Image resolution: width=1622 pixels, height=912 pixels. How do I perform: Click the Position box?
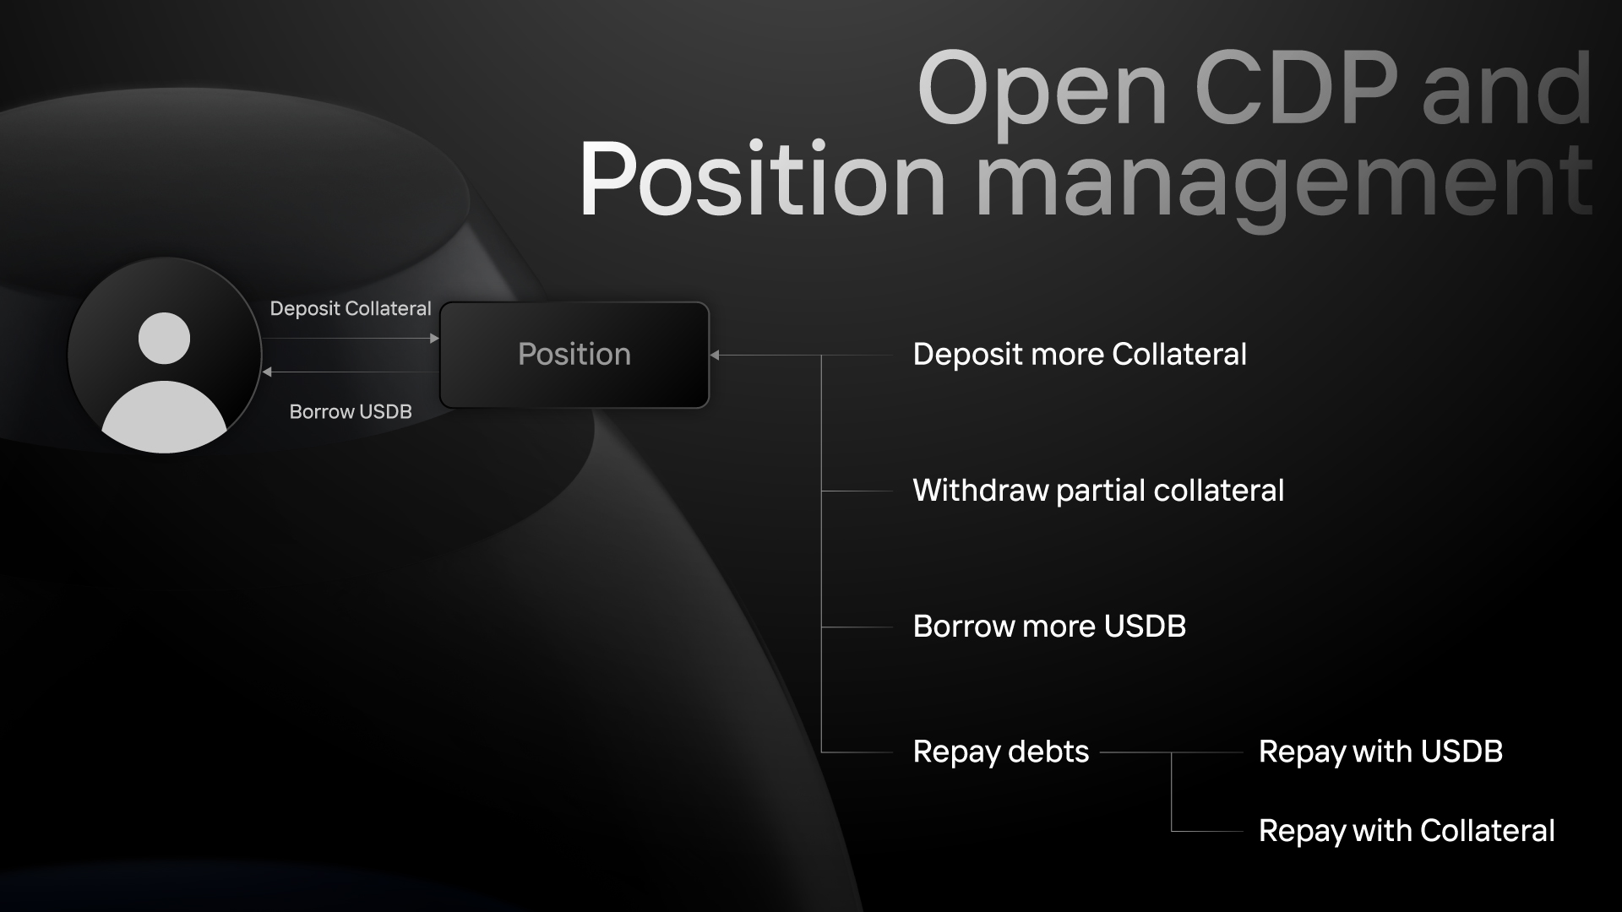tap(574, 355)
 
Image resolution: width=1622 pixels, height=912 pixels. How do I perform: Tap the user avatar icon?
tap(165, 356)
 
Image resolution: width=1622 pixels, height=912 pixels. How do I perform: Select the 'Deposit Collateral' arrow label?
tap(351, 309)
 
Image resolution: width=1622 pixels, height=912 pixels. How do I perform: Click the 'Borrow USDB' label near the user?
tap(351, 412)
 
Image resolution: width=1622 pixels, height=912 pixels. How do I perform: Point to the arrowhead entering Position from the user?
tap(434, 339)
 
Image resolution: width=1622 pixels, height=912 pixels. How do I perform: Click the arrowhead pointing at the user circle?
tap(267, 372)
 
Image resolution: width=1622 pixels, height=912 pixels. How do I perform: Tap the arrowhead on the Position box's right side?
tap(715, 356)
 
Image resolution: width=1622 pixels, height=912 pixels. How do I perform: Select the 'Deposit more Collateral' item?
tap(1080, 355)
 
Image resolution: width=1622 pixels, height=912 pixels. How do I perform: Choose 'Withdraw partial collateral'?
tap(1098, 491)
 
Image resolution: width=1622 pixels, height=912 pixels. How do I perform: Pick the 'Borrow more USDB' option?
tap(1049, 627)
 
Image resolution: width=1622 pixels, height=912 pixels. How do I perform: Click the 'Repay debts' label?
tap(1001, 752)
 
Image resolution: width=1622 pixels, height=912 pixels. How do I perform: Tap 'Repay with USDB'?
tap(1380, 752)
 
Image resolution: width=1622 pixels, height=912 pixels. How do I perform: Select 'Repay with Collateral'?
tap(1407, 831)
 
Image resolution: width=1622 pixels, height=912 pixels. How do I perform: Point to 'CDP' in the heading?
tap(1296, 88)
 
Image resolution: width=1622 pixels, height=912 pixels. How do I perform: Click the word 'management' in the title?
tap(1284, 182)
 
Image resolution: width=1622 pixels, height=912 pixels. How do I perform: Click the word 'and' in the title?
tap(1506, 90)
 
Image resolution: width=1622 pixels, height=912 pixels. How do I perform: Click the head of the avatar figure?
tap(164, 338)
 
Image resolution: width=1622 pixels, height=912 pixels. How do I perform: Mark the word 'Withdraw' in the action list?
tap(980, 491)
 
